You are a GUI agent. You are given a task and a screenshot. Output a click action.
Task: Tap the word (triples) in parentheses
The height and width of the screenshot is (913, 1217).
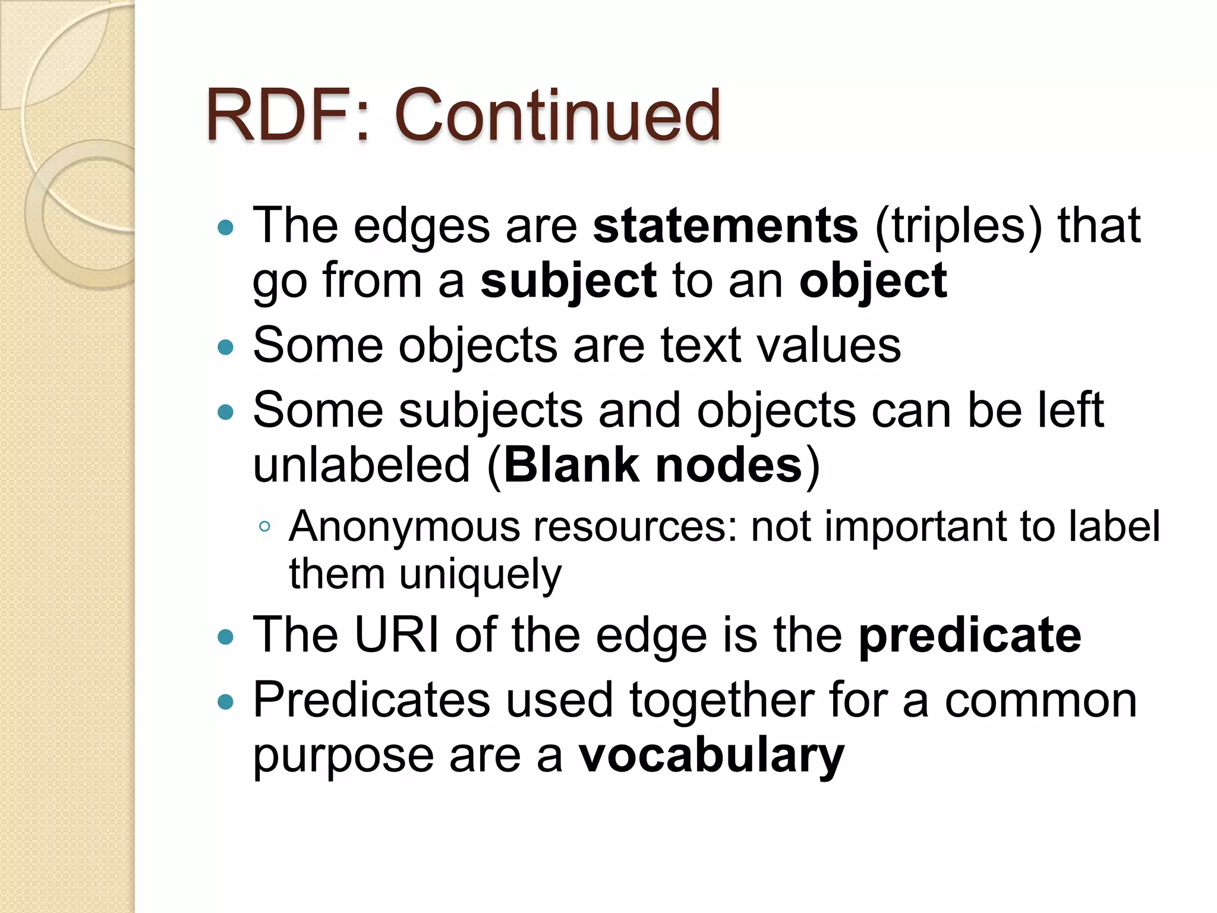coord(958,227)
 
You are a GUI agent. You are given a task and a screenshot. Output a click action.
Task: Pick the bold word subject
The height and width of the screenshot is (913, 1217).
coord(568,282)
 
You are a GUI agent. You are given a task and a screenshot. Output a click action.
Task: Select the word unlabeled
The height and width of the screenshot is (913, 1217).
coord(361,465)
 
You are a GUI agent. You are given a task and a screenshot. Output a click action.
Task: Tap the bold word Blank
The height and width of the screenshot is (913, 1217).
coord(571,465)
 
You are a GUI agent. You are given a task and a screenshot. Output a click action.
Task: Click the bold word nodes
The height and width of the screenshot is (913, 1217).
coord(729,465)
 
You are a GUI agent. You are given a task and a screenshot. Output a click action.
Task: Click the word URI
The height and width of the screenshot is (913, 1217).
coord(396,635)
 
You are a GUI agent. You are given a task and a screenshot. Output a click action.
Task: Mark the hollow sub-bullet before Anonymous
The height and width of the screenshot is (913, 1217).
coord(265,527)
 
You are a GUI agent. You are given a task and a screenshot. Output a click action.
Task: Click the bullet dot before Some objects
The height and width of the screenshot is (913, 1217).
coord(226,347)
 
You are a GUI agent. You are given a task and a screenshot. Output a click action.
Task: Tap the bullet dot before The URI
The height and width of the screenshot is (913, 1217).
coord(226,638)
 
